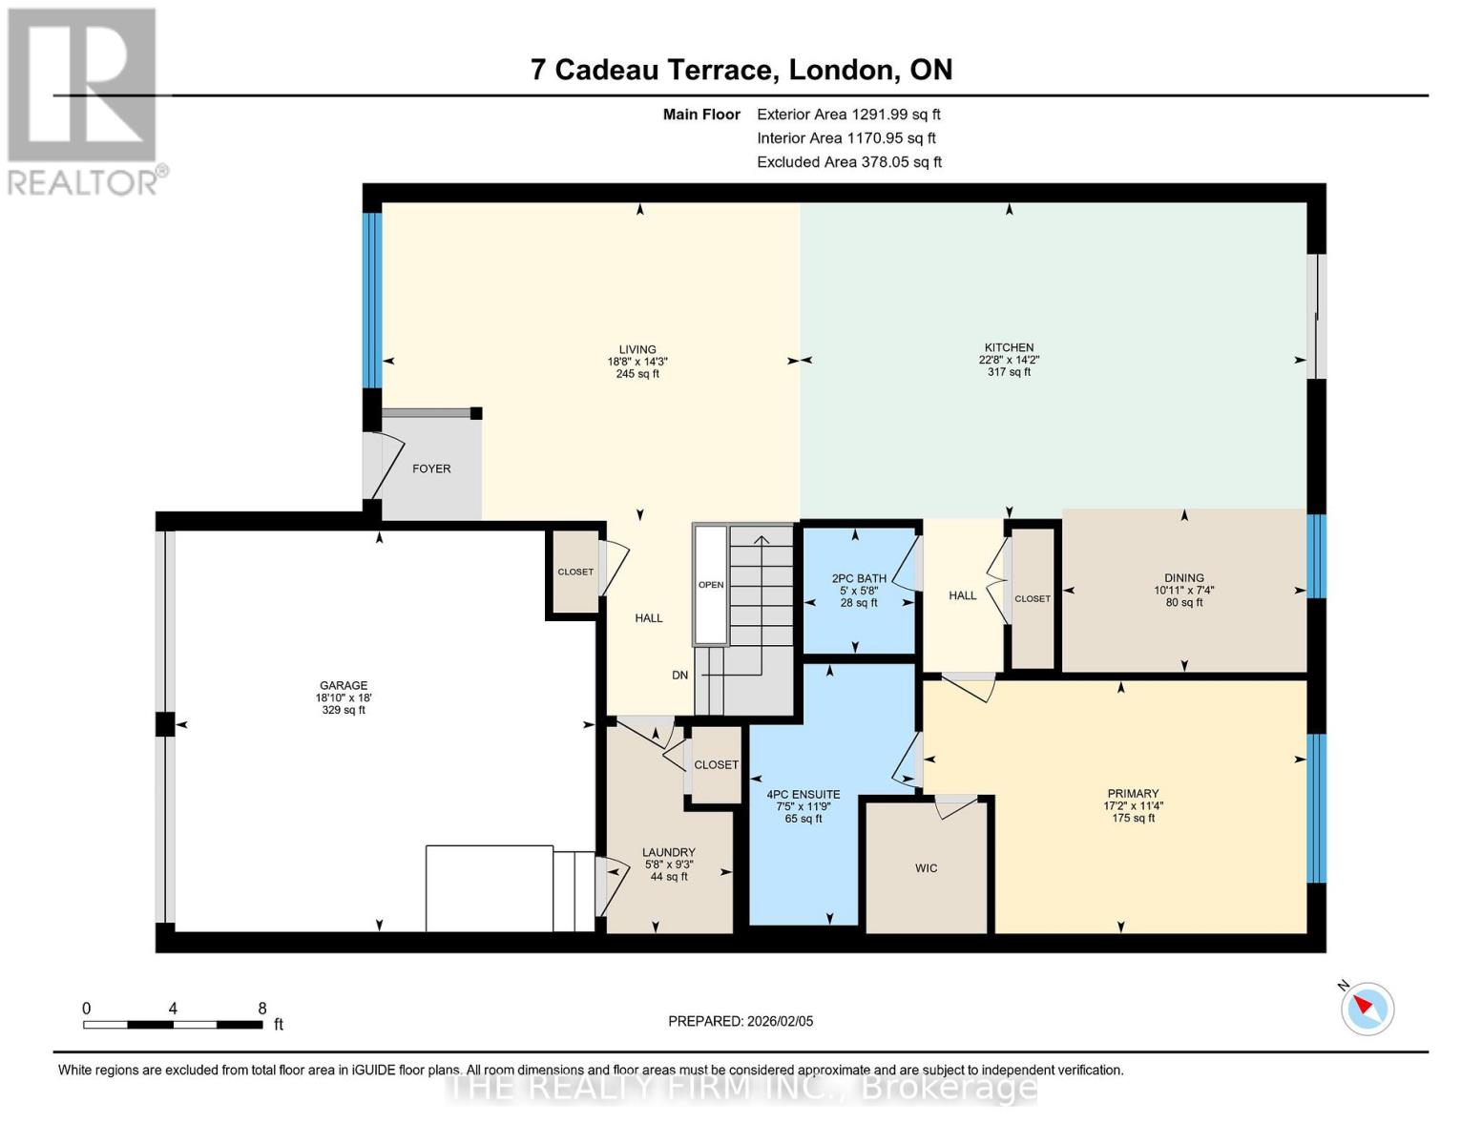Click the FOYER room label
(x=431, y=468)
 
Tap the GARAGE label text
(x=344, y=685)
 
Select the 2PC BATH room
(x=859, y=578)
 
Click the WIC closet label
(x=926, y=868)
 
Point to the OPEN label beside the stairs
(x=711, y=585)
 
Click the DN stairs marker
(x=679, y=675)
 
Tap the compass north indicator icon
(x=1367, y=1008)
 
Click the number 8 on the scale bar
(x=262, y=1009)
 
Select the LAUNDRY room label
(x=668, y=852)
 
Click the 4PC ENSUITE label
(x=804, y=794)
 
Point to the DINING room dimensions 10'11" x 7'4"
(x=1183, y=590)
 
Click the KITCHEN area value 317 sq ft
(x=1009, y=372)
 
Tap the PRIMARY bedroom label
(x=1133, y=793)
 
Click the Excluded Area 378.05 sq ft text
(x=848, y=162)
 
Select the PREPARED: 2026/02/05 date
(x=741, y=1021)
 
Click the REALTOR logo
(x=83, y=100)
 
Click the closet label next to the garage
(x=575, y=572)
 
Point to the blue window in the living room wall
(x=372, y=300)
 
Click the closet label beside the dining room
(x=1032, y=598)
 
